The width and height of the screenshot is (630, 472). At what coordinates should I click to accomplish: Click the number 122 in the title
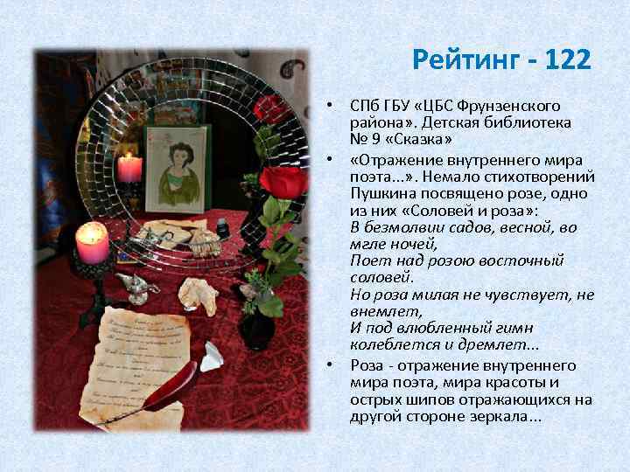pos(568,60)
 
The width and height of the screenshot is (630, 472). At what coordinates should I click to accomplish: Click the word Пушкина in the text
pos(385,192)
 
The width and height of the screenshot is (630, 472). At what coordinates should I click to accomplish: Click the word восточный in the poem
pos(521,260)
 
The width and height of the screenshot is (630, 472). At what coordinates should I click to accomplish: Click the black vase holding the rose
pos(257,327)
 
